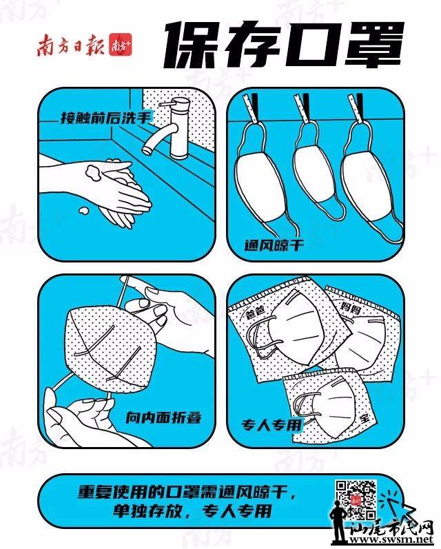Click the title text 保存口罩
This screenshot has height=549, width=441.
click(x=283, y=45)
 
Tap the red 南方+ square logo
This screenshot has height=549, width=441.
click(x=120, y=45)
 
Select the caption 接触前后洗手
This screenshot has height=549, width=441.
click(x=106, y=117)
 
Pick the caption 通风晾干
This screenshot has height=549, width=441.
click(x=274, y=245)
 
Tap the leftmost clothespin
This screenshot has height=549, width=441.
click(x=253, y=108)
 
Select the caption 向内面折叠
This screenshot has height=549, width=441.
click(x=163, y=417)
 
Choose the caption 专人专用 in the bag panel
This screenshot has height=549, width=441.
click(x=271, y=425)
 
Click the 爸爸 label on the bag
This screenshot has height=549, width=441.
click(x=255, y=311)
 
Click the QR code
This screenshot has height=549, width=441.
click(x=356, y=499)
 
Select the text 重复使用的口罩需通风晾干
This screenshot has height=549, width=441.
click(x=186, y=492)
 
